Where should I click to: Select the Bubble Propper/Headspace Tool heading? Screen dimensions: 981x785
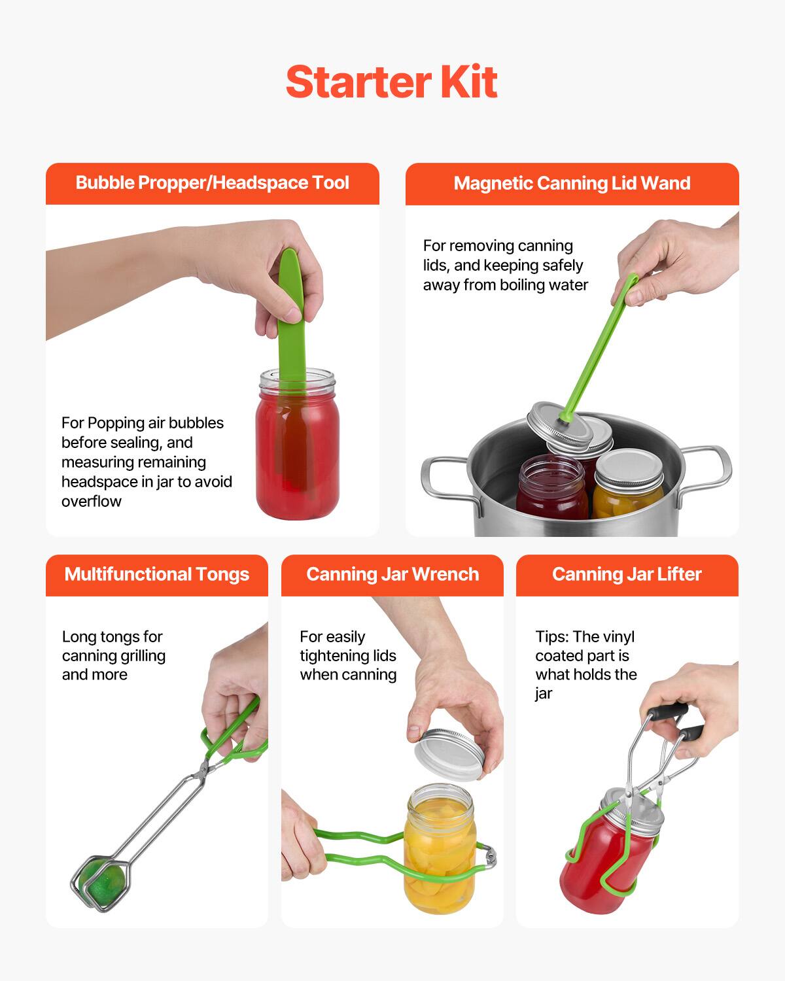point(212,183)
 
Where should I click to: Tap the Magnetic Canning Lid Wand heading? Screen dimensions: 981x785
point(572,183)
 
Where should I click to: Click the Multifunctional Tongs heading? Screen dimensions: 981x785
point(156,574)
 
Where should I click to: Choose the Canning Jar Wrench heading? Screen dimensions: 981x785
point(392,574)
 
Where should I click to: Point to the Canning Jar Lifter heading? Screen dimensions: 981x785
point(626,574)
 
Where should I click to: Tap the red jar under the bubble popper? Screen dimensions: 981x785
point(298,458)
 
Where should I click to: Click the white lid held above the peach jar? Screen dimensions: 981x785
point(451,752)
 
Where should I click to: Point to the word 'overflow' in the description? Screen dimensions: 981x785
point(92,502)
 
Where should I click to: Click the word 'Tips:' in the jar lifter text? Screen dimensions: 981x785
point(552,636)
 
